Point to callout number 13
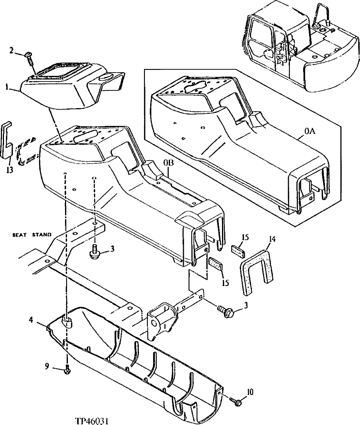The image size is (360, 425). coord(10,170)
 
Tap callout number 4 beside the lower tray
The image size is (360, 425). coord(32,320)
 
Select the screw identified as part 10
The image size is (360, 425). coord(236,401)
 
